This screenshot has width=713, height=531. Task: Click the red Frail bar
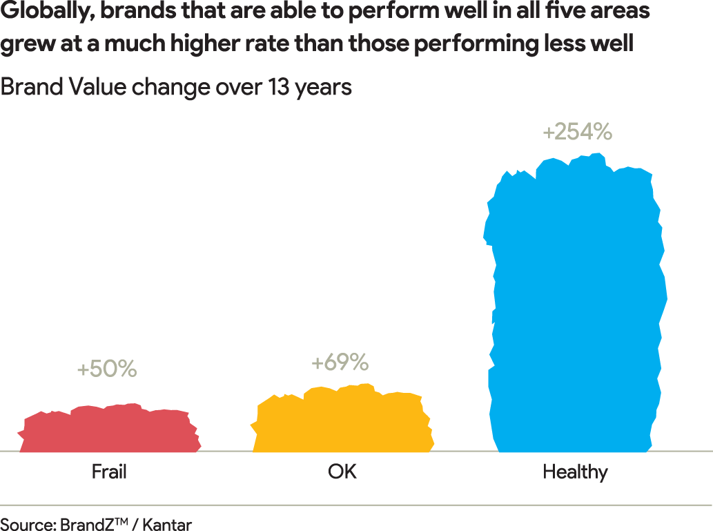tap(109, 429)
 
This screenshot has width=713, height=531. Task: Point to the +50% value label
tap(107, 369)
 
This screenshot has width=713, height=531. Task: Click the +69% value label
tap(340, 362)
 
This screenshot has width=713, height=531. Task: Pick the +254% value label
tap(577, 131)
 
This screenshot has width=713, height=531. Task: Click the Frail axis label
tap(109, 472)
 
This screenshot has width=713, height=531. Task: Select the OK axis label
tap(342, 472)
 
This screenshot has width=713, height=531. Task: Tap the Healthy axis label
tap(575, 472)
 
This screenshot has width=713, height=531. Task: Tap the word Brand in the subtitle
tap(30, 88)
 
